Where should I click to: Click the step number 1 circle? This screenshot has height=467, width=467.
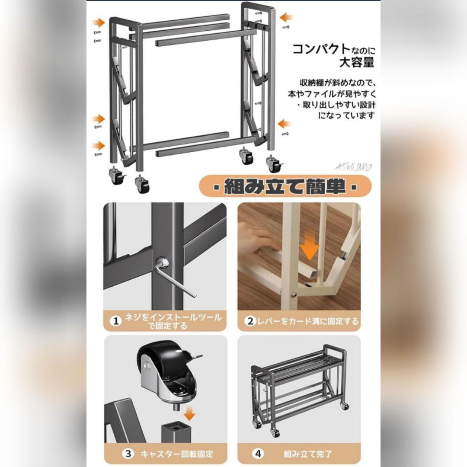pyautogui.click(x=115, y=321)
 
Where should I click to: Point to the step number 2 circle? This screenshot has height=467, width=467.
pyautogui.click(x=250, y=321)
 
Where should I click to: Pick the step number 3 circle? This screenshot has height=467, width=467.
pyautogui.click(x=128, y=454)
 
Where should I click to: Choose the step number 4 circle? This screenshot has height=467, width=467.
pyautogui.click(x=258, y=454)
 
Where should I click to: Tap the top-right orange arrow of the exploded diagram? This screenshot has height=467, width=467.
pyautogui.click(x=286, y=17)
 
